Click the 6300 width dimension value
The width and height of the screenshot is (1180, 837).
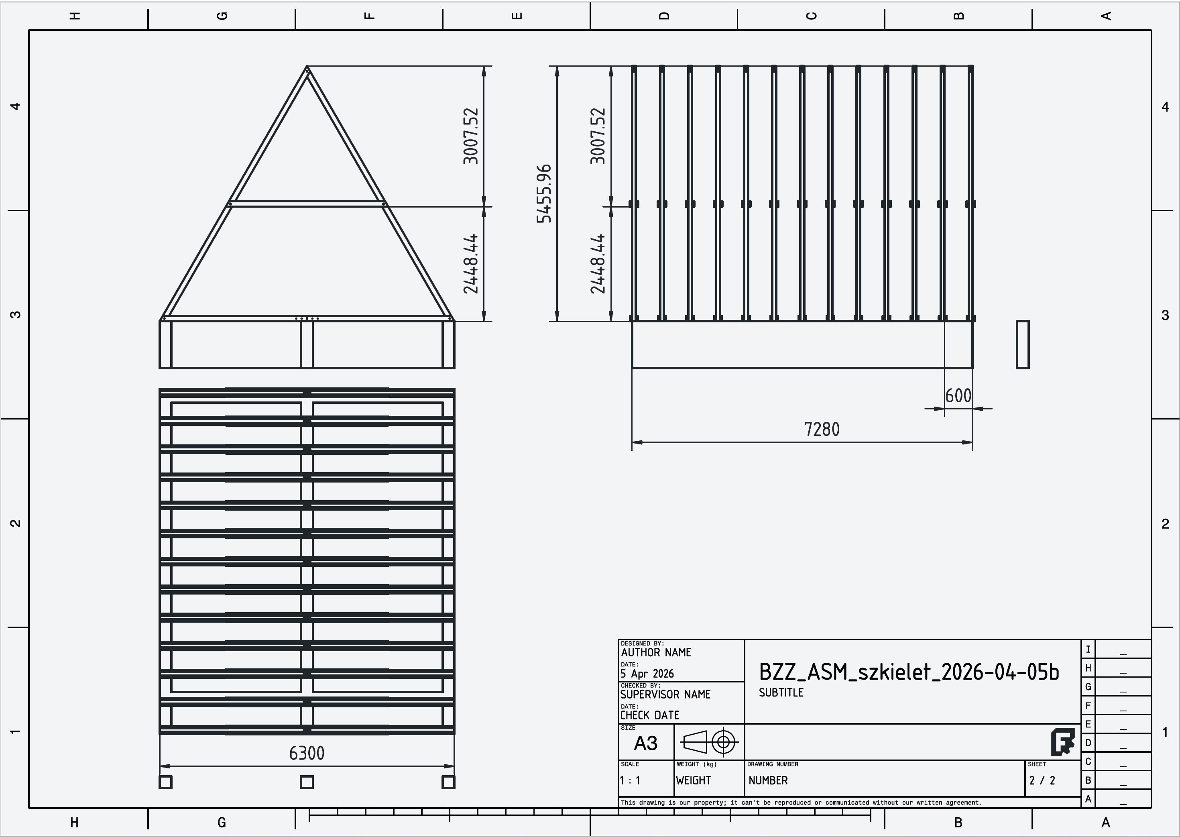[307, 754]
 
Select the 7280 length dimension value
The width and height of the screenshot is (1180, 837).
[822, 429]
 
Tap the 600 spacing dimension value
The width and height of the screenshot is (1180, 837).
[958, 396]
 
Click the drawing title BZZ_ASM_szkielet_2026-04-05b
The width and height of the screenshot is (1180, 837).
[909, 672]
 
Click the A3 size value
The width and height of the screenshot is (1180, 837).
[646, 743]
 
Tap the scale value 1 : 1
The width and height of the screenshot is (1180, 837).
[630, 780]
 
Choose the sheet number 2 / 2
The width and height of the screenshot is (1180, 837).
[1042, 780]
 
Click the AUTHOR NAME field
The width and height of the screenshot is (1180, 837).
[656, 652]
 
